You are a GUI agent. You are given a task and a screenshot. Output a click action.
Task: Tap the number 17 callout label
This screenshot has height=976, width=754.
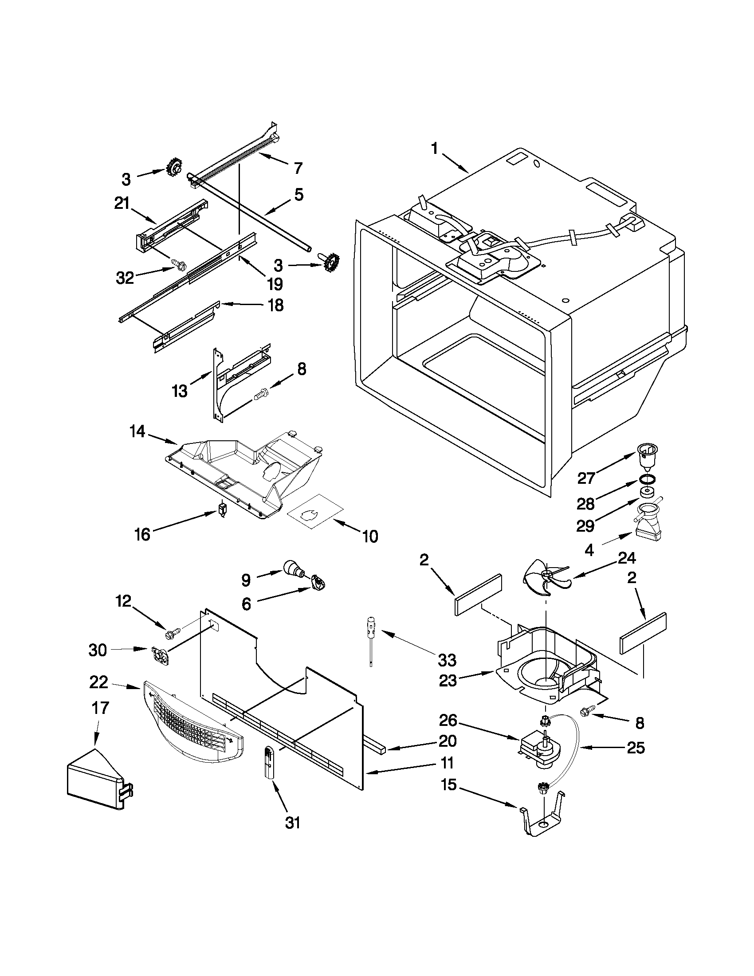pos(100,708)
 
